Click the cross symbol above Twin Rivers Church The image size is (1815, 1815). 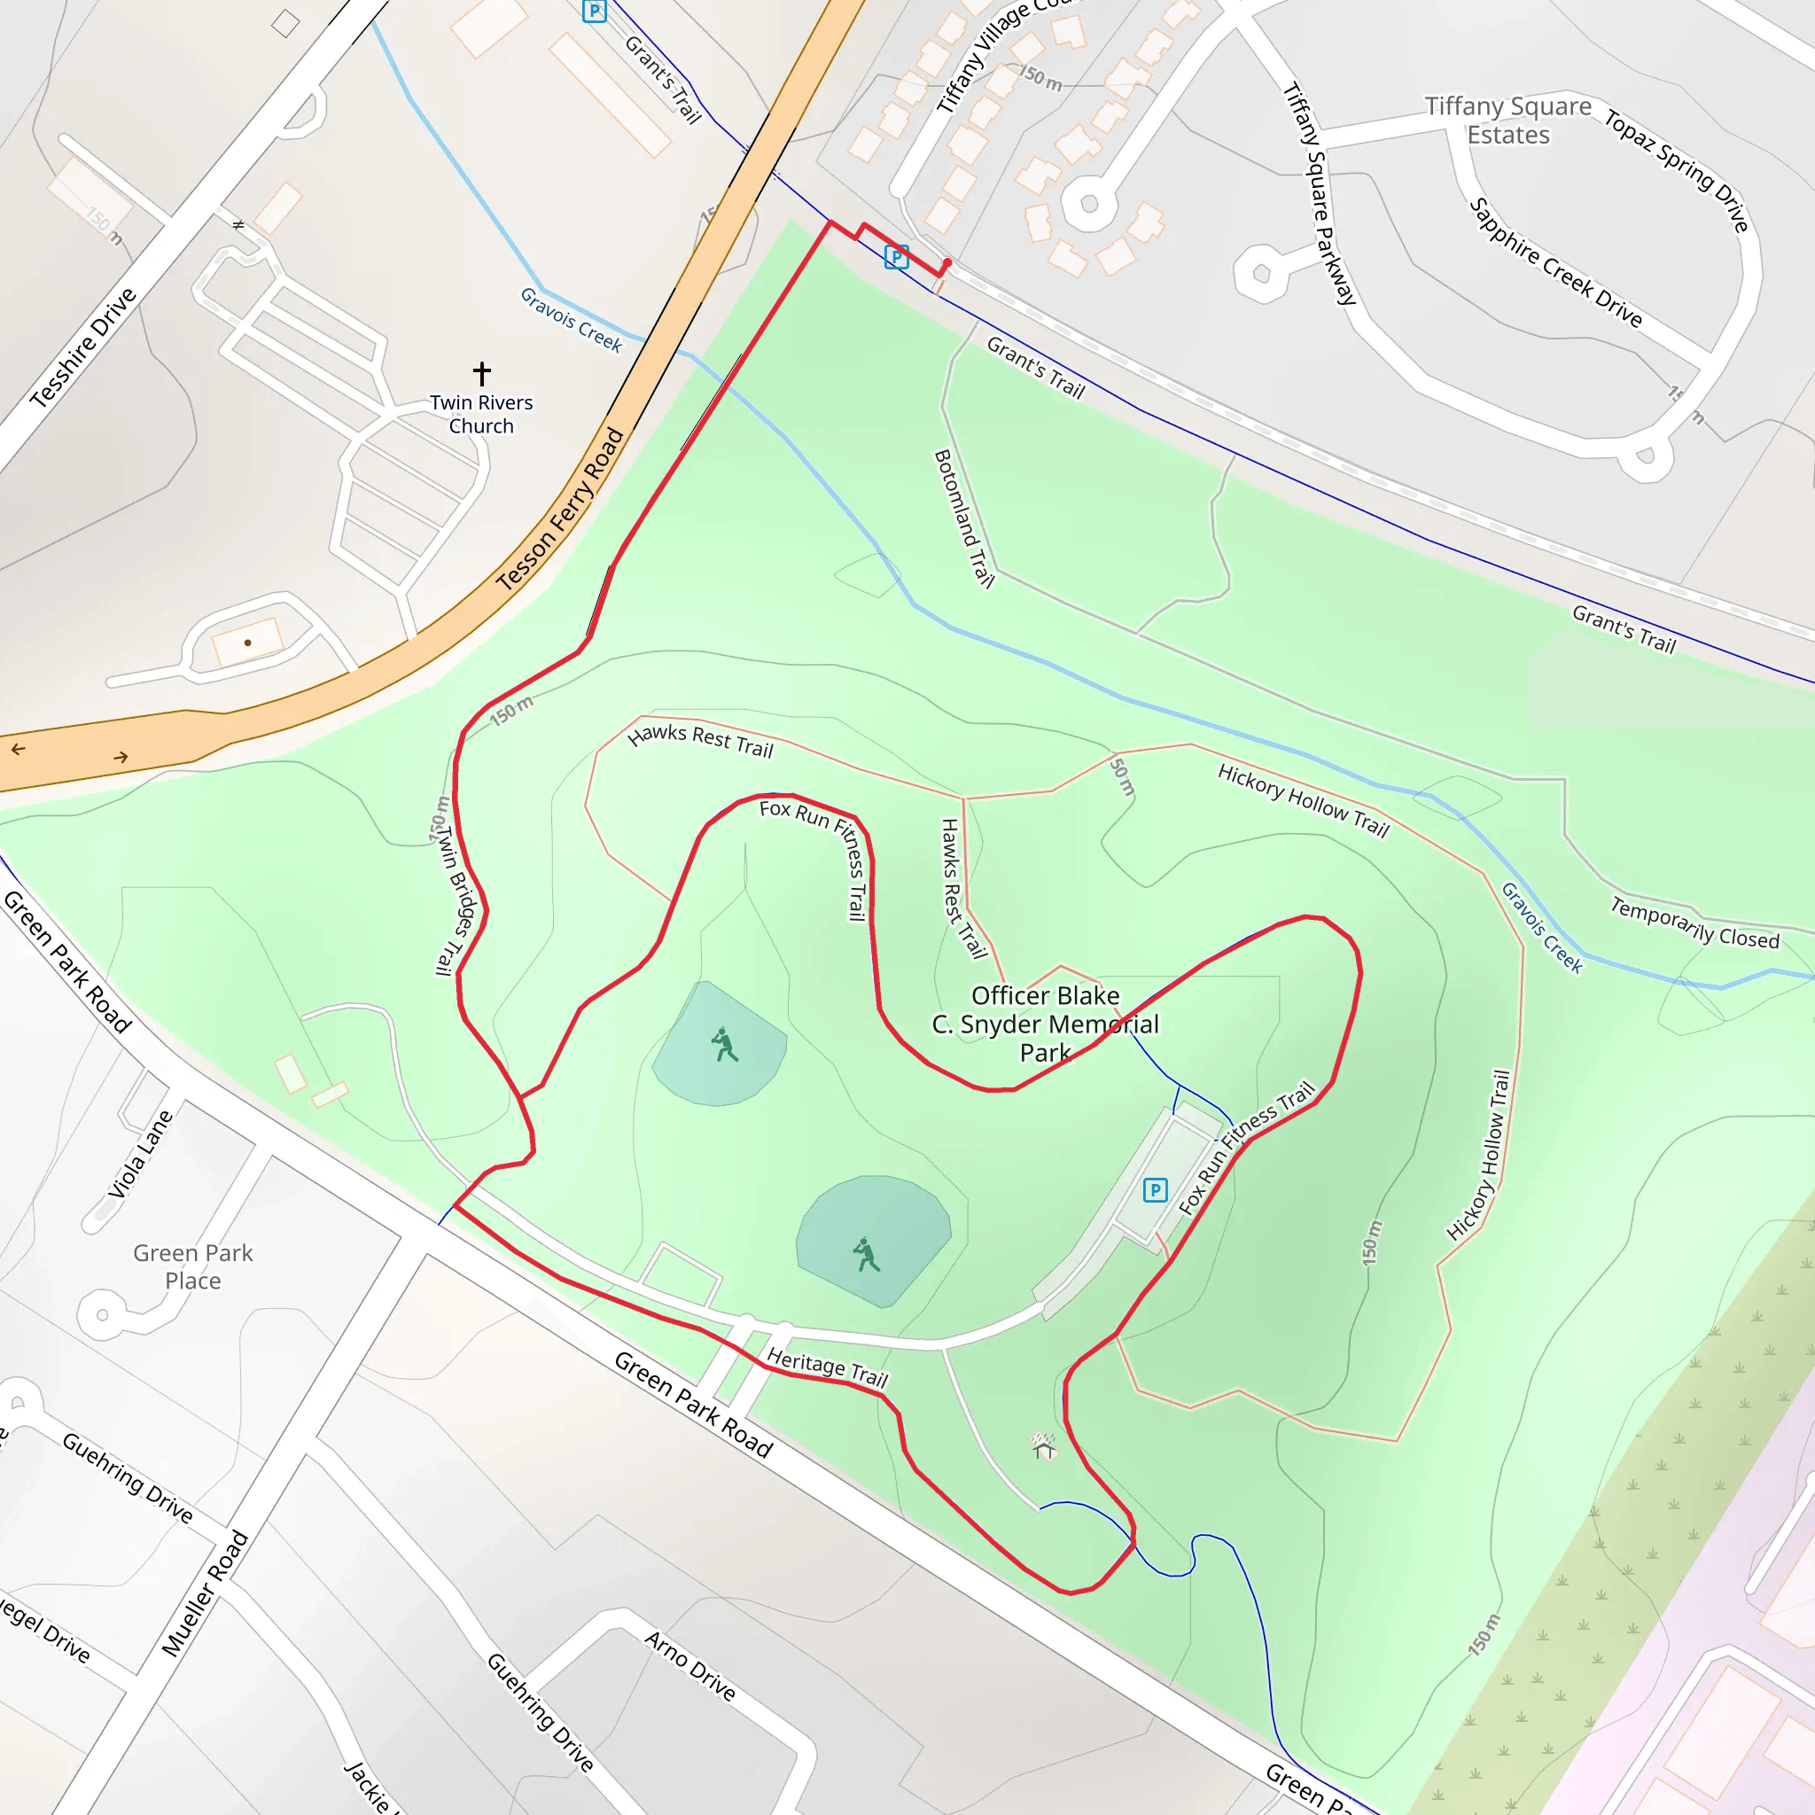click(x=482, y=374)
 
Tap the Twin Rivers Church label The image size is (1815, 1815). click(x=481, y=414)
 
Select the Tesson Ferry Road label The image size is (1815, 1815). click(x=560, y=510)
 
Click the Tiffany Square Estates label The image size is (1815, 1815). click(x=1507, y=121)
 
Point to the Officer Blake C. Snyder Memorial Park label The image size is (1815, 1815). click(x=1045, y=1023)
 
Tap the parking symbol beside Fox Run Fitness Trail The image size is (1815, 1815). click(x=1155, y=1190)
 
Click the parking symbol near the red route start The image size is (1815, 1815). click(x=896, y=255)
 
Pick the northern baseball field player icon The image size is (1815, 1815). click(x=723, y=1044)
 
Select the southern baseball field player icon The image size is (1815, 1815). click(x=866, y=1254)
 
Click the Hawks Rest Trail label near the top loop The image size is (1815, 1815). click(x=700, y=740)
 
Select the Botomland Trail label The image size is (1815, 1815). click(x=963, y=518)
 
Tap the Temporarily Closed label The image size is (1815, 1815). click(x=1694, y=923)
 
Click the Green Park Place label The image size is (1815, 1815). click(x=192, y=1266)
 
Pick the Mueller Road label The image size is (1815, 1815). click(x=205, y=1593)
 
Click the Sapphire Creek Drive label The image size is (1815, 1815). click(x=1555, y=263)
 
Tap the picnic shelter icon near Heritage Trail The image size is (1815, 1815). click(x=1044, y=1445)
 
